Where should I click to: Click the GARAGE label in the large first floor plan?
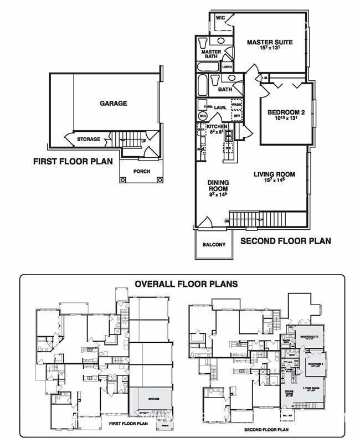(x=113, y=104)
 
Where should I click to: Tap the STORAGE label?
(x=89, y=139)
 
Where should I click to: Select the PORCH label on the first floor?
(x=142, y=172)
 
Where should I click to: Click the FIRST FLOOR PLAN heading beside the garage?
(x=73, y=162)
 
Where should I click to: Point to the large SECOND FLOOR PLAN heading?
(x=285, y=241)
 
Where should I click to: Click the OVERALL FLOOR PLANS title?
(x=186, y=284)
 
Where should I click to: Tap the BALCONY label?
(x=214, y=245)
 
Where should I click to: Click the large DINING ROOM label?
(x=218, y=186)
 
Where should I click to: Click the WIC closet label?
(x=220, y=18)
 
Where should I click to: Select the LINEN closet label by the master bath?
(x=227, y=67)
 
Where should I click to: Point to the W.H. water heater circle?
(x=203, y=116)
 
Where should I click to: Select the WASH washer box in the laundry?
(x=236, y=105)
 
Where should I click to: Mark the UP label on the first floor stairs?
(x=144, y=141)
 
